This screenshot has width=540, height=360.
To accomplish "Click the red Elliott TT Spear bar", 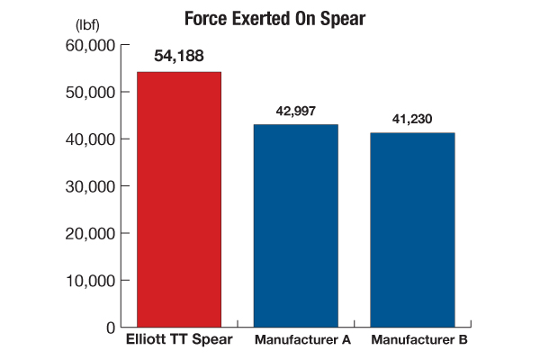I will (178, 199).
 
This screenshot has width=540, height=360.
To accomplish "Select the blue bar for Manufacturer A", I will (295, 225).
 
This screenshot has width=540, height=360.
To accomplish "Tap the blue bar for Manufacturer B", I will (412, 229).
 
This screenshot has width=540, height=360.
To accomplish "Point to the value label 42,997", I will (295, 112).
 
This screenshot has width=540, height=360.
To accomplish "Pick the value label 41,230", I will (412, 121).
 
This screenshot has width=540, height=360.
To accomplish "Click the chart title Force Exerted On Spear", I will (270, 18).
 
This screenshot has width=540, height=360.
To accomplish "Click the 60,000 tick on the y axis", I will (90, 45).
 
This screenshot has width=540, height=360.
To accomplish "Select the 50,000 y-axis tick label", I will (90, 92).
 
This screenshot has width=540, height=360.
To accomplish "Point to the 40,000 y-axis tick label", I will (90, 139).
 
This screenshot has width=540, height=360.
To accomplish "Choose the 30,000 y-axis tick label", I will (90, 186).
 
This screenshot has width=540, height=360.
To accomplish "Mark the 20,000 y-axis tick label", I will (90, 233).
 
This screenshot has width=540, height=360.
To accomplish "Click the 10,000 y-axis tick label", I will (90, 280).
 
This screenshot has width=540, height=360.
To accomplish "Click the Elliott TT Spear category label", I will (178, 340).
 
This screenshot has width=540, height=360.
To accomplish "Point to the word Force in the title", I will (204, 18).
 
